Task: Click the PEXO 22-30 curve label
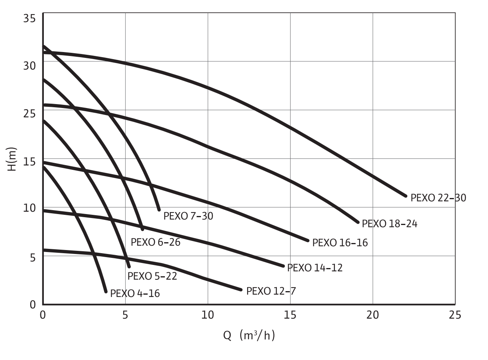tap(438, 198)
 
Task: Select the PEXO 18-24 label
tap(389, 224)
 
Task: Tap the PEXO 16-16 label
tap(340, 243)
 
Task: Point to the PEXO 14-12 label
tap(314, 268)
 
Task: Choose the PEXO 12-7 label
tap(271, 291)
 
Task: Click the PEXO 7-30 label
tap(188, 216)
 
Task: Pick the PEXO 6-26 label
tap(155, 242)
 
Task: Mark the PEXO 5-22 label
tap(152, 276)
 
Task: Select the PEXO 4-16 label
tap(135, 293)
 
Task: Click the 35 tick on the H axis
tap(30, 18)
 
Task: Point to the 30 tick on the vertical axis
tap(30, 65)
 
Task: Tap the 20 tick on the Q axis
tap(372, 315)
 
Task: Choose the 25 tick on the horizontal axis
tap(455, 315)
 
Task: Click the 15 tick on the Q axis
tap(290, 315)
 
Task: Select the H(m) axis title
tap(13, 159)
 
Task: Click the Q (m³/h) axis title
tap(249, 335)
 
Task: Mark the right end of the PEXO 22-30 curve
tap(406, 196)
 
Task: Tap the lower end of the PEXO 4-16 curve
tap(106, 291)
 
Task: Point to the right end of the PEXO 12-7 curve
tap(241, 290)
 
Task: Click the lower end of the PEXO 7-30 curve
tap(159, 209)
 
